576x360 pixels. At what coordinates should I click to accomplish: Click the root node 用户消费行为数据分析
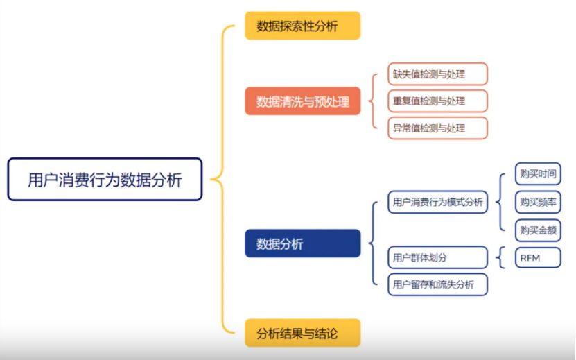(105, 180)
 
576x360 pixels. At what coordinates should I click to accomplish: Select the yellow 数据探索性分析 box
(302, 26)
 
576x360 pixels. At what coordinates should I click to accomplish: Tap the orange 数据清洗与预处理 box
(302, 101)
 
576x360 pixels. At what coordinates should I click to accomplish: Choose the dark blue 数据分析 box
(302, 243)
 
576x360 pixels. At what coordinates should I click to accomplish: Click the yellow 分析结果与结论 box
(302, 333)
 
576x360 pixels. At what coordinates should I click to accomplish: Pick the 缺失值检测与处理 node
(437, 74)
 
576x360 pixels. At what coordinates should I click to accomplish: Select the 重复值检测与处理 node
(437, 101)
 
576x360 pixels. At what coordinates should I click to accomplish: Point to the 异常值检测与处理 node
(437, 128)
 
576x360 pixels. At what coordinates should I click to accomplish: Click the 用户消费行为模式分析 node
(437, 203)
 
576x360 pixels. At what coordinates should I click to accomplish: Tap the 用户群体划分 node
(437, 258)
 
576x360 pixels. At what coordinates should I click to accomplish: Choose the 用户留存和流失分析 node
(437, 284)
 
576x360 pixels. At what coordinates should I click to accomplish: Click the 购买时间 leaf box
(537, 173)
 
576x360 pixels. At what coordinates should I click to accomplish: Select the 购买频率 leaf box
(537, 202)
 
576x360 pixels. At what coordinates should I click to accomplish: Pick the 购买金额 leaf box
(537, 230)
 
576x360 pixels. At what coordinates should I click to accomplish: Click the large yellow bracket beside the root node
(222, 180)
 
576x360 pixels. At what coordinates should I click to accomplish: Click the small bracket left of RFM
(501, 258)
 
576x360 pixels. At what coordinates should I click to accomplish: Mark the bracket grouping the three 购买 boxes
(501, 202)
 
